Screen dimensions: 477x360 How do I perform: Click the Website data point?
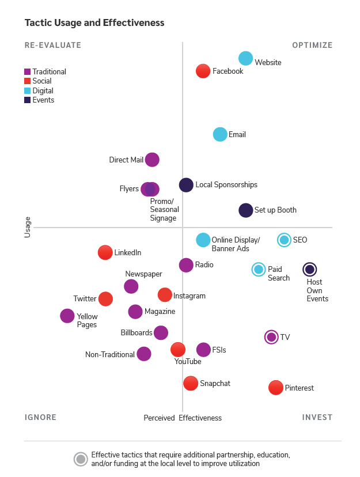(246, 58)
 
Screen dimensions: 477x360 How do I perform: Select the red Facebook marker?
(203, 71)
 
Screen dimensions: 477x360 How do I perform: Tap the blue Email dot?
(220, 134)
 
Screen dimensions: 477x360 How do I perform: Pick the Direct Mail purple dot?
(152, 160)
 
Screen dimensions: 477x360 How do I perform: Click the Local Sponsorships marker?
(186, 185)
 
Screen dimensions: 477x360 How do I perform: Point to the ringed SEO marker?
(284, 240)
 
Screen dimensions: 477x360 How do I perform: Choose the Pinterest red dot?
(276, 388)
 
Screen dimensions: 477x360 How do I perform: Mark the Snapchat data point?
(191, 383)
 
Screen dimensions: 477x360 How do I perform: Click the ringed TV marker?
(271, 337)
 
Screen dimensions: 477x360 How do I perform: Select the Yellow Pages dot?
(67, 316)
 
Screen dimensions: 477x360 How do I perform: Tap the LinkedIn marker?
(105, 252)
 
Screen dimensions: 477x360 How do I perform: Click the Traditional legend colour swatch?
(28, 72)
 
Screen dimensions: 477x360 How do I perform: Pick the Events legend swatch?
(28, 100)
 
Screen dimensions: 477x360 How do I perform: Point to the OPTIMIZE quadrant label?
(312, 46)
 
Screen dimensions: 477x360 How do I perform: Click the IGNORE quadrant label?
(40, 417)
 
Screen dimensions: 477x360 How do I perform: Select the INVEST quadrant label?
(317, 417)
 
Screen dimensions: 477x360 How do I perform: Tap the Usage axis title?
(28, 227)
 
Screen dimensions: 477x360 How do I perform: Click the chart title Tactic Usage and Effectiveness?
(94, 23)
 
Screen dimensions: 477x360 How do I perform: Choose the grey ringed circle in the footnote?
(81, 459)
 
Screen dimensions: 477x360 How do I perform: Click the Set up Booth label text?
(275, 210)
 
